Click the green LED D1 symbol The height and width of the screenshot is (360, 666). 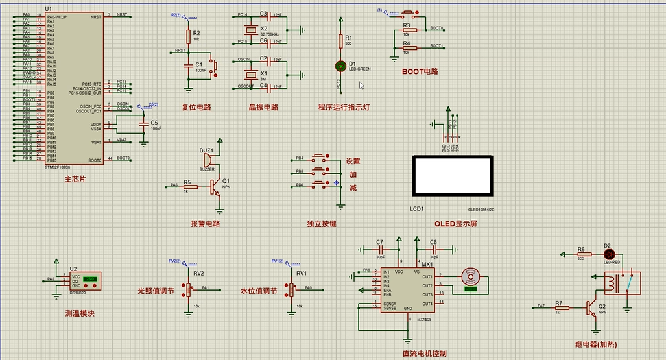click(x=340, y=66)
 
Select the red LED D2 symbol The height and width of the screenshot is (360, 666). click(x=608, y=254)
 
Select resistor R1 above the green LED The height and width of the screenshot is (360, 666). click(x=340, y=41)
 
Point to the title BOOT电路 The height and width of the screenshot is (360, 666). click(x=420, y=71)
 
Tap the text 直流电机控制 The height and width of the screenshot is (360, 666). click(x=424, y=354)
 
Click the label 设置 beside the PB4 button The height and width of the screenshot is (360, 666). click(x=352, y=161)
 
